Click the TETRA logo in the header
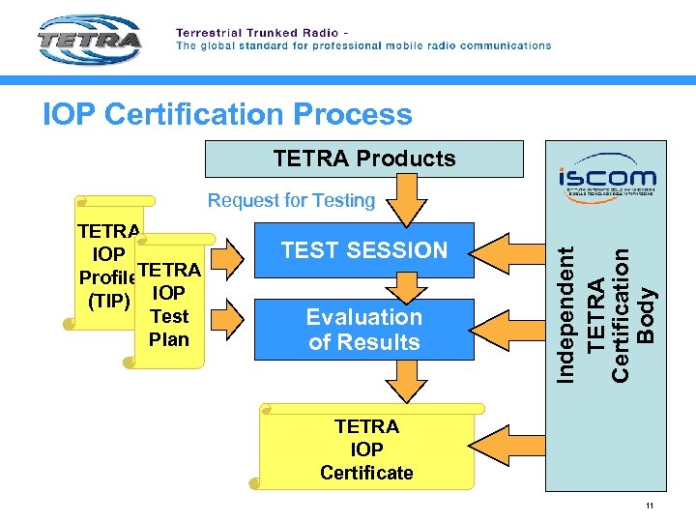pos(90,42)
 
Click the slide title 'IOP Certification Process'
pos(227,114)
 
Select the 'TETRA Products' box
pos(363,159)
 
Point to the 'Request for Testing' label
pos(291,200)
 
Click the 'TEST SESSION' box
pos(363,250)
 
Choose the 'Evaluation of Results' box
pos(363,330)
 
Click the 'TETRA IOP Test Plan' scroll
pos(170,304)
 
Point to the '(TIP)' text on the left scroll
pos(108,300)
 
